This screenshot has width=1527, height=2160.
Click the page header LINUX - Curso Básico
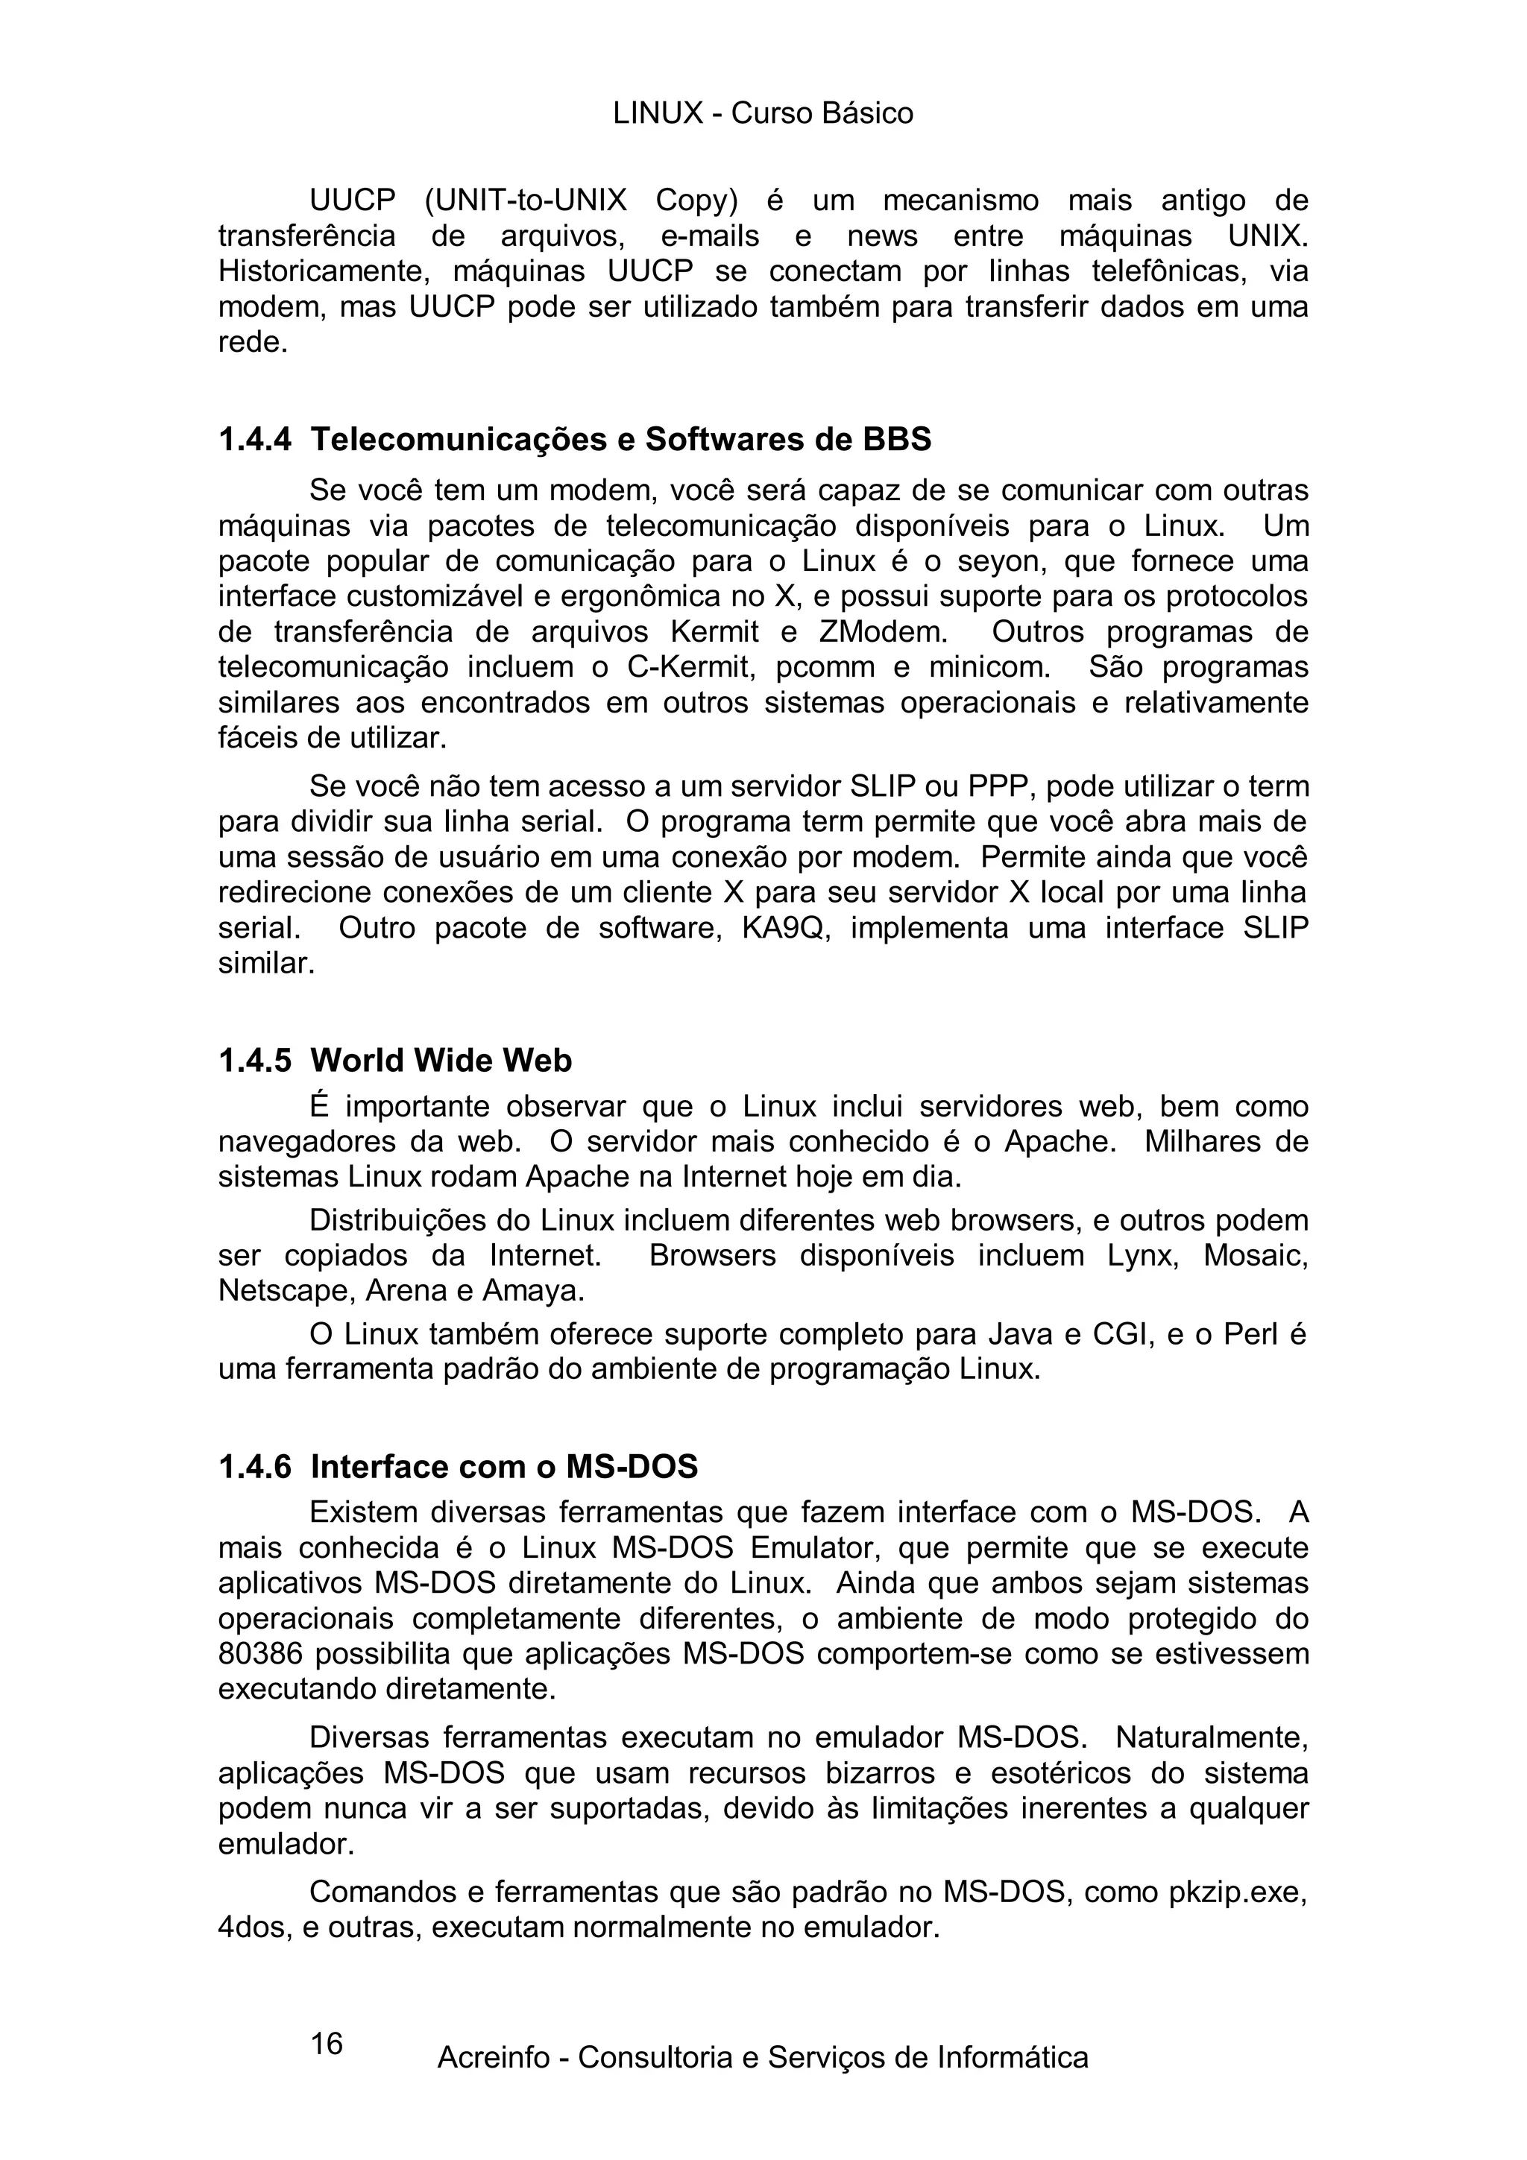coord(763,114)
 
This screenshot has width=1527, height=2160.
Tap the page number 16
coord(327,2043)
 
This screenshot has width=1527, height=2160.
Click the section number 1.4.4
coord(255,439)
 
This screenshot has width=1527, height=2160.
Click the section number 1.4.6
coord(255,1467)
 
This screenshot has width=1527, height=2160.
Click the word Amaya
coord(532,1291)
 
